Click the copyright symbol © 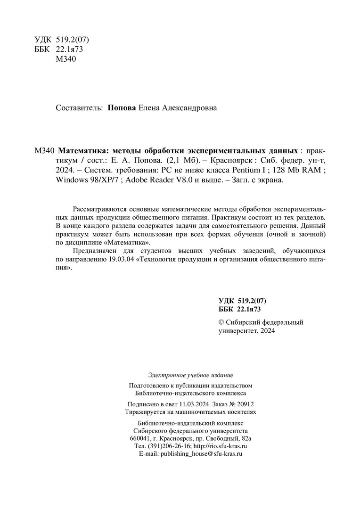click(222, 323)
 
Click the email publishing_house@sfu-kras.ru click(201, 453)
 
